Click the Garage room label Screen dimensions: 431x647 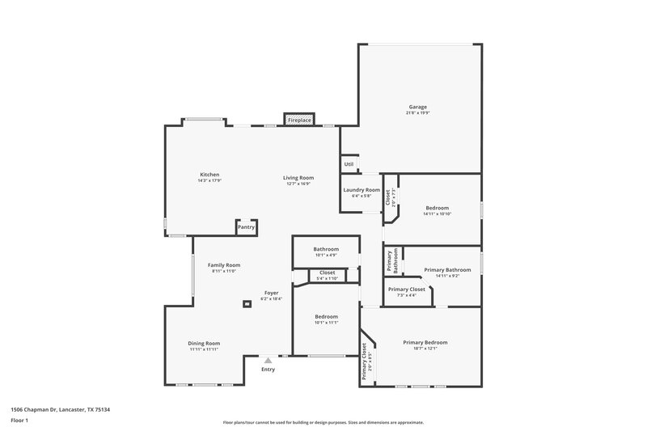point(417,107)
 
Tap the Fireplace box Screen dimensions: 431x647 point(299,120)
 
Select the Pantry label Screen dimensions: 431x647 point(246,227)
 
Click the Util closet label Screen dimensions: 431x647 point(349,164)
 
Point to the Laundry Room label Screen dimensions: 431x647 point(361,189)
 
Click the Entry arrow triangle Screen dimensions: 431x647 point(268,361)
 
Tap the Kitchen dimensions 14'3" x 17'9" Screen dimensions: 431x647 point(209,181)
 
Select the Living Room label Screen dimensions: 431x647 point(298,177)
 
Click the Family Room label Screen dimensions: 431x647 point(224,265)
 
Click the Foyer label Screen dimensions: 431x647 point(272,293)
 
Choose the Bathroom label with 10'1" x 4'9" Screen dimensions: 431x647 point(326,249)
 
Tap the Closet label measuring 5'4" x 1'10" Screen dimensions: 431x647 point(327,273)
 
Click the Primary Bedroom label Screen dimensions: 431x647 point(425,342)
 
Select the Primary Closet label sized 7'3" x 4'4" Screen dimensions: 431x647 point(406,289)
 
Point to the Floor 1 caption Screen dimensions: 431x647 point(19,421)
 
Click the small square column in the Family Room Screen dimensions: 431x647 point(247,304)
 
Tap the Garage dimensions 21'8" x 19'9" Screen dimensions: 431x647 point(417,113)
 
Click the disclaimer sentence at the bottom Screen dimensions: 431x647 point(323,422)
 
